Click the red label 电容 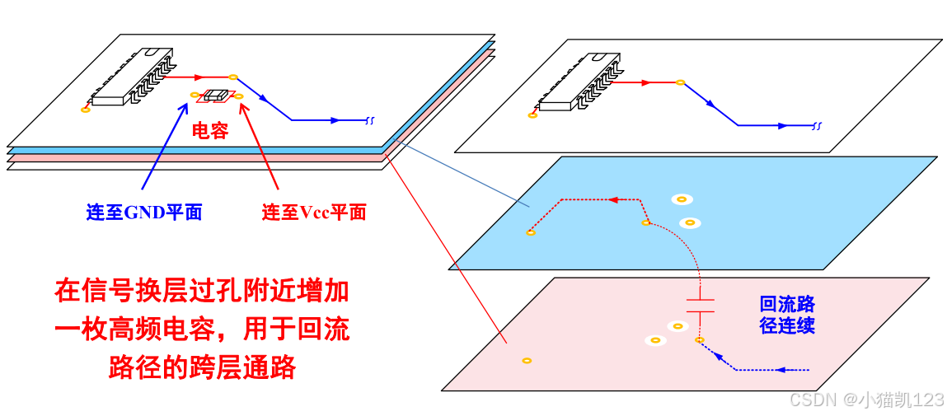pos(209,131)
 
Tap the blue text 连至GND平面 pos(144,213)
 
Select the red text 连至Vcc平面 pos(314,213)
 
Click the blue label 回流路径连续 pos(787,315)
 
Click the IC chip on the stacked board pos(132,78)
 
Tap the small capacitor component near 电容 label pos(216,96)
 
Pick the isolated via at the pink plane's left pos(527,360)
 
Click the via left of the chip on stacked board pos(85,110)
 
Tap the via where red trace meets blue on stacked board pos(233,77)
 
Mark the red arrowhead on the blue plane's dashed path pos(613,199)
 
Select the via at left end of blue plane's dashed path pos(530,232)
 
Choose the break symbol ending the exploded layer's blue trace pos(817,126)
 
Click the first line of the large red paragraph pos(202,292)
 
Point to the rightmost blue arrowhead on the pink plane pos(782,369)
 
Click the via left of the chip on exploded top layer pos(532,115)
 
